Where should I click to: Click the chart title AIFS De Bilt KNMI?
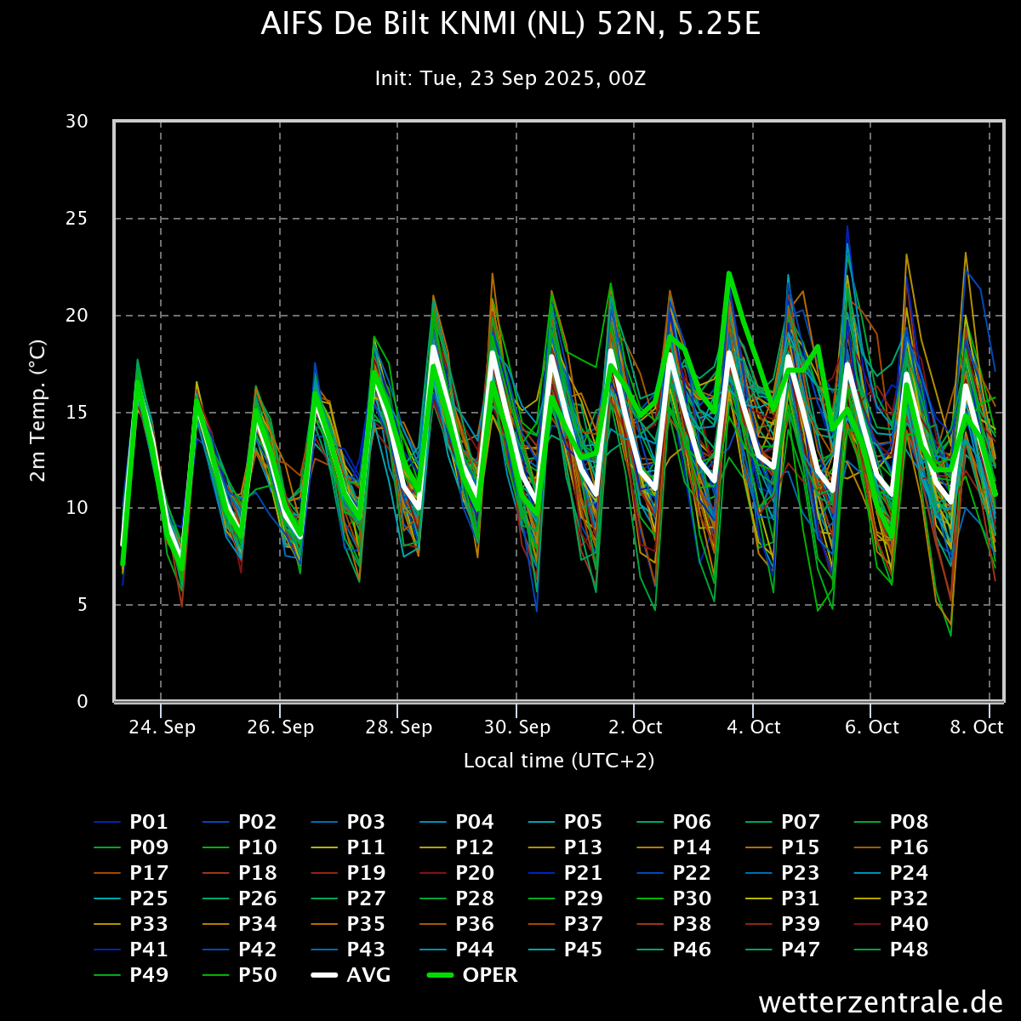tap(510, 26)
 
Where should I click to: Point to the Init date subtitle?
tap(510, 78)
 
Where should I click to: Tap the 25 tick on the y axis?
tap(77, 219)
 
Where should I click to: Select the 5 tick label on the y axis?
tap(83, 605)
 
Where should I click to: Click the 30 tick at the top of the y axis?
tap(77, 122)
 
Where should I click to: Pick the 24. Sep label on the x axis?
tap(162, 727)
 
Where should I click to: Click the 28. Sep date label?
tap(398, 727)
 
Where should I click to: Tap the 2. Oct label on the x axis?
tap(635, 727)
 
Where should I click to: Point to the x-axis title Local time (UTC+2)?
tap(559, 761)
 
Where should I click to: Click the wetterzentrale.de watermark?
tap(881, 1002)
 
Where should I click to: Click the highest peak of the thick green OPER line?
tap(729, 273)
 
